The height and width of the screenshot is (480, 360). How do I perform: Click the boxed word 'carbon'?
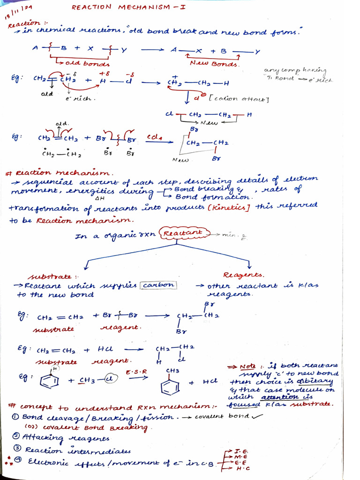point(159,285)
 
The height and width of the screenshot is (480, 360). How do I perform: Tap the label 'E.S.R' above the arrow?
point(136,372)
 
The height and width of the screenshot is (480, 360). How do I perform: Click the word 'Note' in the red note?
point(247,366)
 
